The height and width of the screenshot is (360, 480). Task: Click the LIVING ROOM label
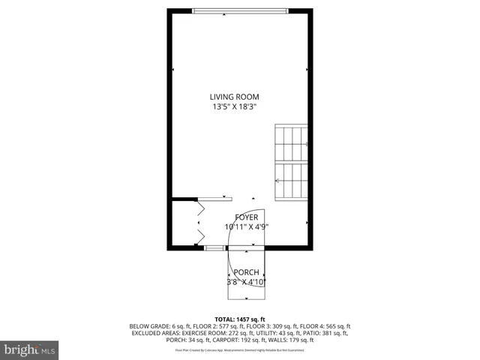[235, 97]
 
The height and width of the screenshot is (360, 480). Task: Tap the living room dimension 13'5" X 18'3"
[235, 106]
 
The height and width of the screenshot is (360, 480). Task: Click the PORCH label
[246, 272]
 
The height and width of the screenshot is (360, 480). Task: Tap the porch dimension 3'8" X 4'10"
[246, 282]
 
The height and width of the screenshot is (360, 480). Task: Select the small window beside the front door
[214, 247]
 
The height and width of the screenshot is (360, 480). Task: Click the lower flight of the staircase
[292, 181]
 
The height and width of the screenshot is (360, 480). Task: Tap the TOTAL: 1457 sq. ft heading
[240, 319]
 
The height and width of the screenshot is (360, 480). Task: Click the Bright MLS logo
[30, 349]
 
